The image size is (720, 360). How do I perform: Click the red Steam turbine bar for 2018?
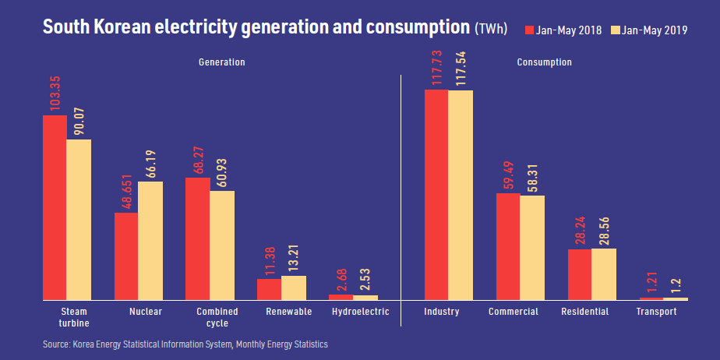tap(55, 207)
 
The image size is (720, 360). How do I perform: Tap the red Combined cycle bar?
tap(197, 238)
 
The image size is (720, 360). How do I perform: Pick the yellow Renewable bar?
tap(294, 288)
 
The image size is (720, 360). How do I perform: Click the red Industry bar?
tap(436, 195)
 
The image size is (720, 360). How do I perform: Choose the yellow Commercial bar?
tap(532, 247)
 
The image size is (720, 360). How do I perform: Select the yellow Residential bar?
tap(604, 274)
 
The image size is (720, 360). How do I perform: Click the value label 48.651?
tap(126, 191)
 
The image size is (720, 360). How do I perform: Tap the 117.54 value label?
tap(461, 69)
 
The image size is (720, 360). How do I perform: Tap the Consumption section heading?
tap(544, 62)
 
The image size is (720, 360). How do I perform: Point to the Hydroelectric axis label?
tap(360, 312)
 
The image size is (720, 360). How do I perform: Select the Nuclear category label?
tap(146, 312)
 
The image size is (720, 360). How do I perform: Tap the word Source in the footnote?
tap(56, 344)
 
